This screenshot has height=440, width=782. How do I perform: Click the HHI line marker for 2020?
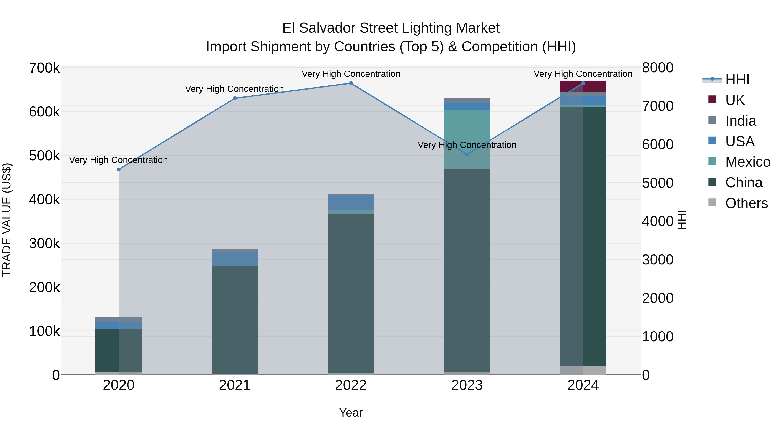(119, 169)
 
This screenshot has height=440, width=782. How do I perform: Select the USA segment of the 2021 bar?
(235, 259)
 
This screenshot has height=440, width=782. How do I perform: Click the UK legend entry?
(735, 100)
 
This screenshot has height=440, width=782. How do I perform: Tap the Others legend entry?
(746, 203)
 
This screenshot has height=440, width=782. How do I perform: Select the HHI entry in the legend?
(737, 80)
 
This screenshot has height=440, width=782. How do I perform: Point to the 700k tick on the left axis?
(44, 68)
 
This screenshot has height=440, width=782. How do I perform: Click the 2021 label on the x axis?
(235, 385)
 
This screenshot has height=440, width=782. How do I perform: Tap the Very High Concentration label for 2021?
(234, 89)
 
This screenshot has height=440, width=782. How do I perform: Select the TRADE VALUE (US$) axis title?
(7, 220)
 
